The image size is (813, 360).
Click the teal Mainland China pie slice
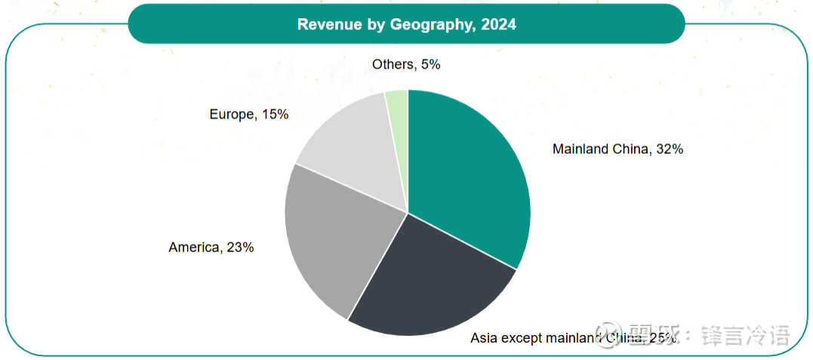[468, 174]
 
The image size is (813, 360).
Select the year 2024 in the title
[499, 24]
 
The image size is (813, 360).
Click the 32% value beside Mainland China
[670, 149]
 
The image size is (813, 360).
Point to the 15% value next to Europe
[275, 114]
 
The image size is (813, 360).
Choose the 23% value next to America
[240, 247]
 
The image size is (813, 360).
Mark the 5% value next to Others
[430, 64]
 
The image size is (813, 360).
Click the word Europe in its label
[231, 114]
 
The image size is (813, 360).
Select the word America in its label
[193, 247]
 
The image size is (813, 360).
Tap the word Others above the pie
[393, 64]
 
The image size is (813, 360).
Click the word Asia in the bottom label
[484, 337]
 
